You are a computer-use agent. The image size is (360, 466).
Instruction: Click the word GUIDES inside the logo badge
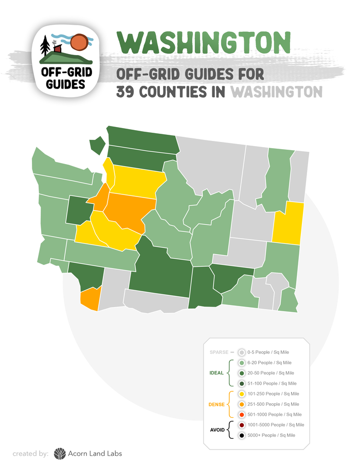66,84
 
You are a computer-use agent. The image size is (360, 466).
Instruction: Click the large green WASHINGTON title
204,43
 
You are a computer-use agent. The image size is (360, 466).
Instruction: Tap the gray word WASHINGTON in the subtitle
276,92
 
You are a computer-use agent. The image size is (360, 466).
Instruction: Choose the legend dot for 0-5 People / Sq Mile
241,352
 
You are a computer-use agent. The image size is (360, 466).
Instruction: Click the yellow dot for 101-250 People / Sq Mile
241,393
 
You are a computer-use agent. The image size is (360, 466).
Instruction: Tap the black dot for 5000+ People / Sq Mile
241,435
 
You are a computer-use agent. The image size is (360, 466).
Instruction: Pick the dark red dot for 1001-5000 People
241,425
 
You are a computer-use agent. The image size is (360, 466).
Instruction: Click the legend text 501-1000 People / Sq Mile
274,415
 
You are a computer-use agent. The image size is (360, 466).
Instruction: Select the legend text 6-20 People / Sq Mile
269,363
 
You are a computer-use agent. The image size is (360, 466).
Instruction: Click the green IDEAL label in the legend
217,373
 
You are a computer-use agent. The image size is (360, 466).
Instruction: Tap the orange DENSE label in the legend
216,404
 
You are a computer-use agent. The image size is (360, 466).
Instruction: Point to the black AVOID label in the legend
217,430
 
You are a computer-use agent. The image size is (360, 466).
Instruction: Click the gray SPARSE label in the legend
219,352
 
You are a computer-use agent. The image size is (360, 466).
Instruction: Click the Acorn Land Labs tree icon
60,453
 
